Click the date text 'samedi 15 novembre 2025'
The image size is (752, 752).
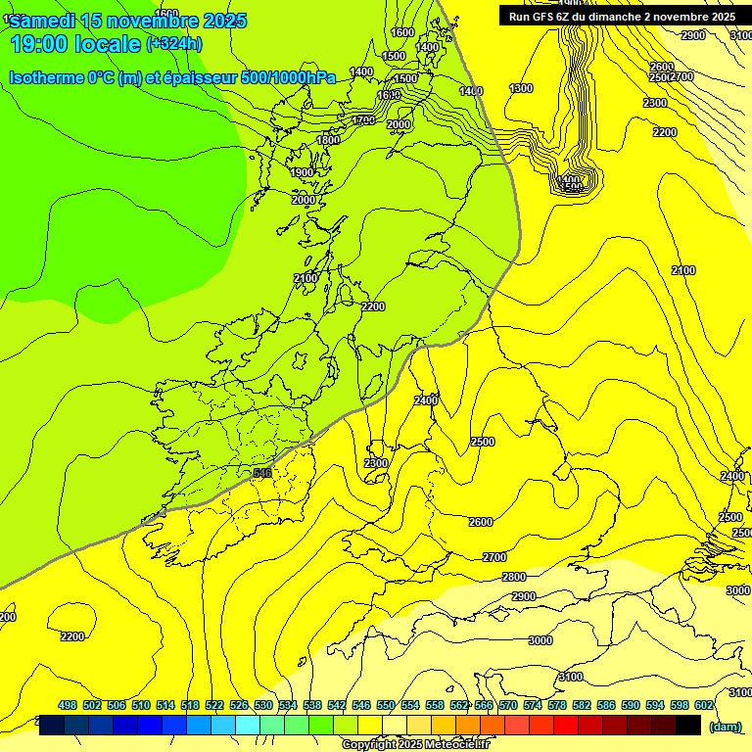(128, 21)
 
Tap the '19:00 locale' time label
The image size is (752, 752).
(75, 44)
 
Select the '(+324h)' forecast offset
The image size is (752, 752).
(174, 44)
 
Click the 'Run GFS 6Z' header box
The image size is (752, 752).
(622, 16)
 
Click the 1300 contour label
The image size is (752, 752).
(521, 89)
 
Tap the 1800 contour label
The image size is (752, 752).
(328, 140)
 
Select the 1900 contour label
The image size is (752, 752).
(303, 172)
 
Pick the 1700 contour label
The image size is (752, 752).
(363, 120)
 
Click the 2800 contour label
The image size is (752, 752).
(514, 577)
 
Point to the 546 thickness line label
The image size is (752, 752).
(261, 473)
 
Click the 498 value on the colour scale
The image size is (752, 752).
(68, 705)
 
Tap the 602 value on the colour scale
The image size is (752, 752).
(704, 705)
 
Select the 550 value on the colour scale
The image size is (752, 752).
(386, 705)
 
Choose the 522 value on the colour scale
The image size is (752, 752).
(214, 705)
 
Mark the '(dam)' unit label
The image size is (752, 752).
(725, 726)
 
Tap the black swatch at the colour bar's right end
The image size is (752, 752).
(689, 726)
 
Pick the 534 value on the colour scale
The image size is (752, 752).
(288, 705)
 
